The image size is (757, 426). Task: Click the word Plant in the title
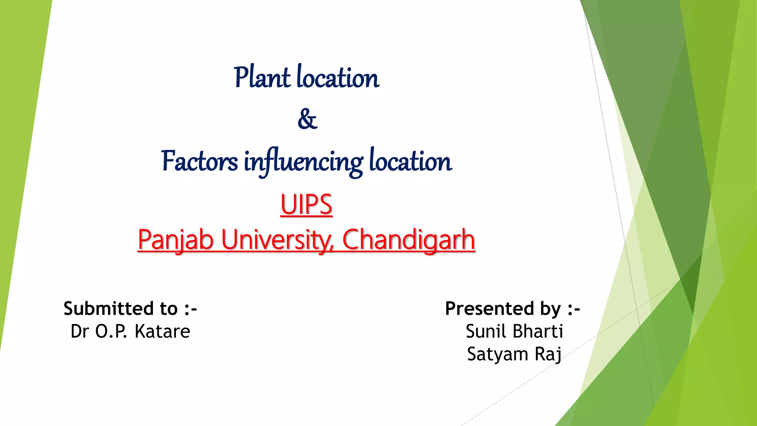click(x=262, y=78)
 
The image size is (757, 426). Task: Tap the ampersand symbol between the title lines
click(x=307, y=119)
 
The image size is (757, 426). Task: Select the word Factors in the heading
click(x=200, y=162)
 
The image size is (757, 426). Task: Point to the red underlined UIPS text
click(x=306, y=205)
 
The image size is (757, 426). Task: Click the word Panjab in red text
click(x=176, y=240)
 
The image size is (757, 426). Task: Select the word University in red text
click(x=277, y=240)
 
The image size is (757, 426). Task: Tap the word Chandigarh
click(x=408, y=240)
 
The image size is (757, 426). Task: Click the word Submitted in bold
click(x=108, y=308)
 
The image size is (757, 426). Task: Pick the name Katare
click(x=162, y=331)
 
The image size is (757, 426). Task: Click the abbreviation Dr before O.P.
click(x=80, y=331)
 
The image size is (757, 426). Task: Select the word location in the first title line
click(x=338, y=78)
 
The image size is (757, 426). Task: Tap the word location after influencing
click(x=410, y=162)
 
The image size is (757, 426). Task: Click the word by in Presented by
click(x=551, y=309)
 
